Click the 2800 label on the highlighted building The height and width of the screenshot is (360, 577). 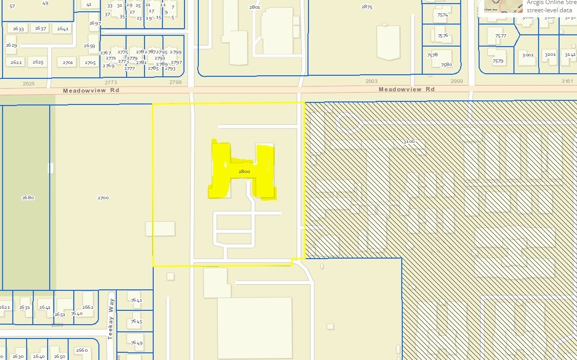click(244, 172)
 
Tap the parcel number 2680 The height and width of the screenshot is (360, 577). click(28, 197)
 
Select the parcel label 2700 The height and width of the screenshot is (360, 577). click(102, 197)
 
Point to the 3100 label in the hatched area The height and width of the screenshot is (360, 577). click(408, 141)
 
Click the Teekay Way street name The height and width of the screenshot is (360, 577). click(110, 320)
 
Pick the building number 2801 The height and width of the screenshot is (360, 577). click(254, 7)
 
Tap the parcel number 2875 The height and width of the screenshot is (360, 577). click(367, 7)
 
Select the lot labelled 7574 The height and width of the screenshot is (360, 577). click(442, 15)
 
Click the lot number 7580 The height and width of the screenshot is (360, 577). click(446, 65)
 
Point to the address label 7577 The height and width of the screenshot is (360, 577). click(500, 36)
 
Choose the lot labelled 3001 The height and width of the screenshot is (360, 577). click(528, 54)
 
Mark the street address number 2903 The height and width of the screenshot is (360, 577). click(371, 81)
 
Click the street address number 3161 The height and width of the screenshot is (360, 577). click(567, 81)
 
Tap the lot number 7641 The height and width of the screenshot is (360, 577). click(136, 300)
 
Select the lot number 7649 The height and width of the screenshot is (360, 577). click(136, 343)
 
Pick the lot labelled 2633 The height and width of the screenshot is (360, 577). click(18, 29)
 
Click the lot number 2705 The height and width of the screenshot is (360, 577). click(90, 62)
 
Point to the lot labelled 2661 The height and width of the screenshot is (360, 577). click(88, 307)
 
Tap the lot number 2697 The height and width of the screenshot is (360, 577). click(95, 24)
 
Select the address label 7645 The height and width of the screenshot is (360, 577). click(136, 321)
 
